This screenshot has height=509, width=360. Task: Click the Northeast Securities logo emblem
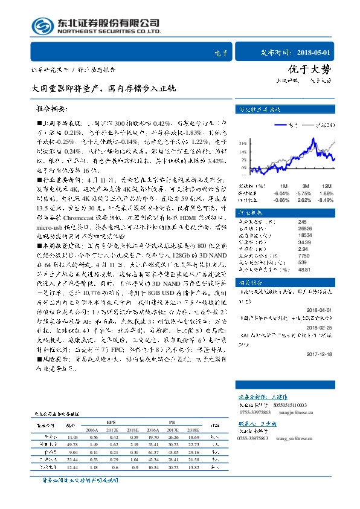tap(42, 26)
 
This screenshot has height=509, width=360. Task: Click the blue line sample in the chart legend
tap(280, 125)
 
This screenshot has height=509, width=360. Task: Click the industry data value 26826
tap(288, 229)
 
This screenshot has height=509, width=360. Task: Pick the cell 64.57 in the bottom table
tap(152, 452)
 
